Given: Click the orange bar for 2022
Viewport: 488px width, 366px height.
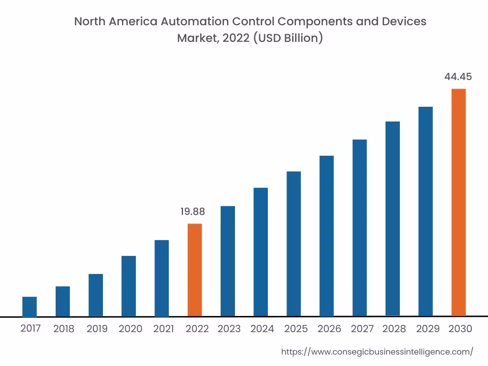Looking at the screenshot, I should pos(194,270).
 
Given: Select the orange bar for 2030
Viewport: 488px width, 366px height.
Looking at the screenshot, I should pos(458,202).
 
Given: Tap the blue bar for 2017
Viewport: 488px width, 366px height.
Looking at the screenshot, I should pos(30,306).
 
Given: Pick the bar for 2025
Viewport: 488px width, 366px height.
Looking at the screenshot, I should pos(294,244).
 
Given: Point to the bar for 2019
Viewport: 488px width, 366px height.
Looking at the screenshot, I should pos(96,295).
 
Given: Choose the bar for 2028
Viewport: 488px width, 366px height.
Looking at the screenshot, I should pos(393,219).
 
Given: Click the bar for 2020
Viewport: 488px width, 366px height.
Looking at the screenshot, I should pos(129,286).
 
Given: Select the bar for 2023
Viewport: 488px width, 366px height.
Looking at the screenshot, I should pos(228,261).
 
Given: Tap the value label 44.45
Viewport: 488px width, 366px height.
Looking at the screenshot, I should pos(458,77).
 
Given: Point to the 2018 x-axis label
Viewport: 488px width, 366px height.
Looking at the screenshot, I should pos(64,329).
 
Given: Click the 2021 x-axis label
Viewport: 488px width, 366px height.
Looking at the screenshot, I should pos(163,329).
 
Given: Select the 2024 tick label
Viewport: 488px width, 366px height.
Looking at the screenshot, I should pos(262,329).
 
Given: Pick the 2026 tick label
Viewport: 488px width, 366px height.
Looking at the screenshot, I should pos(329,329).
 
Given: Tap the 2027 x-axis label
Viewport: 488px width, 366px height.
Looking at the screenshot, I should pos(363,329).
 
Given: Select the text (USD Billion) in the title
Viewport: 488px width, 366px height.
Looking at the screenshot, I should pos(288,38).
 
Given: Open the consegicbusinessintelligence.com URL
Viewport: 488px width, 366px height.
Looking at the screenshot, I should pos(377,352).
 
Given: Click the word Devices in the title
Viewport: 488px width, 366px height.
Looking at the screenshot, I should pos(404,21).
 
